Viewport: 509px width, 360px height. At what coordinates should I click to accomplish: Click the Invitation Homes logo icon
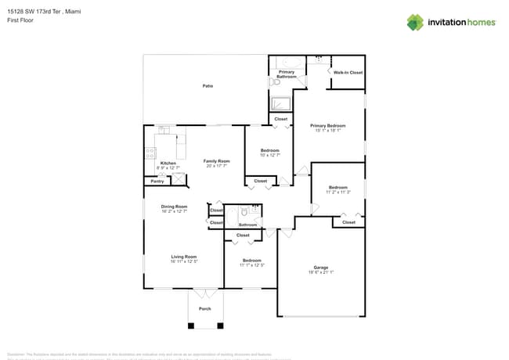415,22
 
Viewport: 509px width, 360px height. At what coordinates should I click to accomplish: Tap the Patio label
208,85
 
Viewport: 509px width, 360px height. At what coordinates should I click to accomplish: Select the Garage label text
320,267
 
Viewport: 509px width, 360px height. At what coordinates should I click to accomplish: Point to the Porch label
204,308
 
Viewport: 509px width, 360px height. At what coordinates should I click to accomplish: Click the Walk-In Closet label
348,72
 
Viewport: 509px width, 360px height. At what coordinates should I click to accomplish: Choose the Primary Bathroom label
287,74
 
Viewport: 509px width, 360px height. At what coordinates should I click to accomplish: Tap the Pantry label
157,181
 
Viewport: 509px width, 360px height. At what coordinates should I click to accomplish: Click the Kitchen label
168,163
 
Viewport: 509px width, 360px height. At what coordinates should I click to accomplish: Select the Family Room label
217,160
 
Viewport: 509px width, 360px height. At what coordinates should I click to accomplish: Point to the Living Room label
184,256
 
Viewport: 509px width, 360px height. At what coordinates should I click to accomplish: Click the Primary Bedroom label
327,125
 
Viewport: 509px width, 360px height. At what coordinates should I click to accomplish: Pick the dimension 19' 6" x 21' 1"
320,272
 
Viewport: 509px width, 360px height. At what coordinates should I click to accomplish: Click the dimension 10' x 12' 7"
269,155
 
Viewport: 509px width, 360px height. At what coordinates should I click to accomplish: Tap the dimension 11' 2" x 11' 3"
338,192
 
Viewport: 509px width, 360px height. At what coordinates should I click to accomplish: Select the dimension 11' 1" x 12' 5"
252,265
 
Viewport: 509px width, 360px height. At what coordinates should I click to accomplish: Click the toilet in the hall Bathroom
245,211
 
